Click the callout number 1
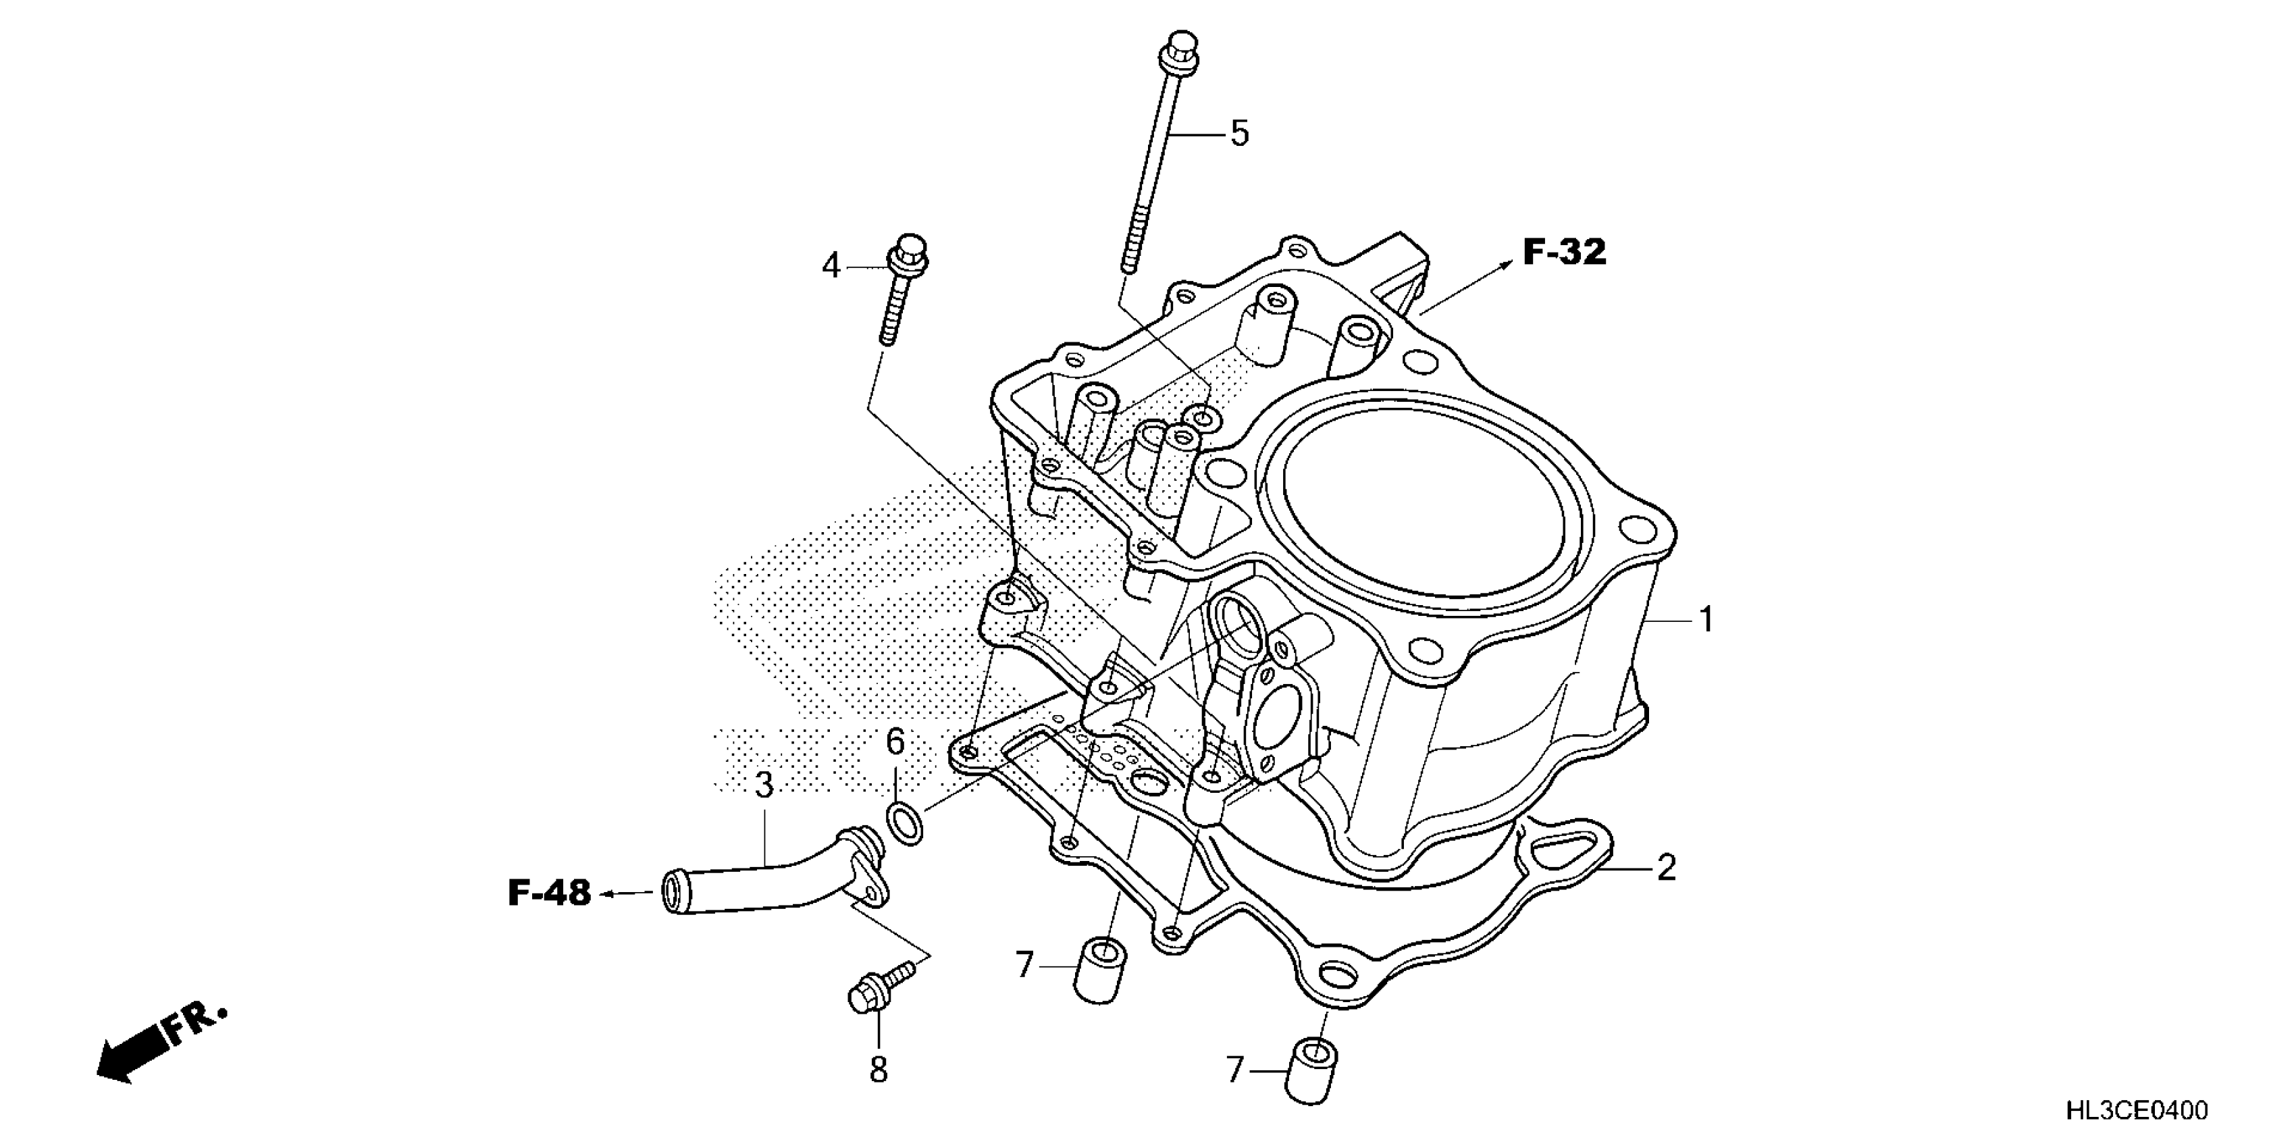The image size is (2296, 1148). [1706, 619]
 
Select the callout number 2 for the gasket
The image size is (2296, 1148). [1666, 867]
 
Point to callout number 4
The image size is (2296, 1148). [831, 265]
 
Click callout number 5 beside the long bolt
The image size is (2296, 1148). [1240, 134]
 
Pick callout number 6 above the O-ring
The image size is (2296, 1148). [895, 741]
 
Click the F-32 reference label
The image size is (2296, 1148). [1564, 253]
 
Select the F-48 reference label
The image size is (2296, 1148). [549, 893]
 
